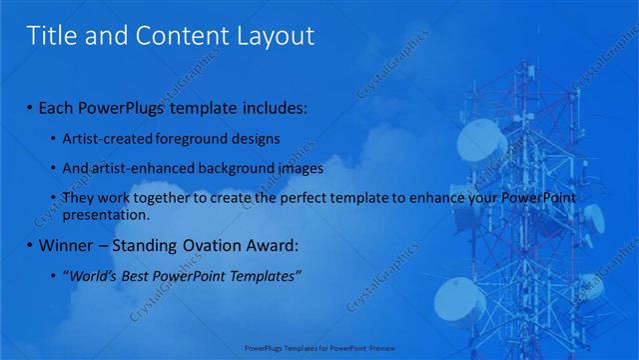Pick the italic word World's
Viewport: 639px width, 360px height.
pyautogui.click(x=93, y=275)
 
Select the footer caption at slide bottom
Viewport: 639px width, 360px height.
pyautogui.click(x=319, y=349)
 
